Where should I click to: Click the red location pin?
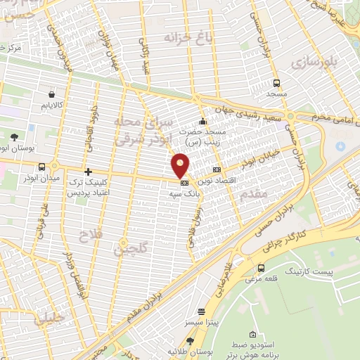point(181,165)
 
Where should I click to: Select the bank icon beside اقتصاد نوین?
point(217,169)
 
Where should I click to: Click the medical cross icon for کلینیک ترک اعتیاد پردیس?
point(88,172)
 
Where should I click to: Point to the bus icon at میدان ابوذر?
point(43,167)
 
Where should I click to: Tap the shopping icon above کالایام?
point(52,94)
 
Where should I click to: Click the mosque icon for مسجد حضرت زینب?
point(202,120)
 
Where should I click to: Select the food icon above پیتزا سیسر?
point(202,311)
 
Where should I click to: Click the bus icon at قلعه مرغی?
point(262,268)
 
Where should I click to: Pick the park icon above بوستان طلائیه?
point(189,341)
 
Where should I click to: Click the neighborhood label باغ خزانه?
point(188,37)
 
